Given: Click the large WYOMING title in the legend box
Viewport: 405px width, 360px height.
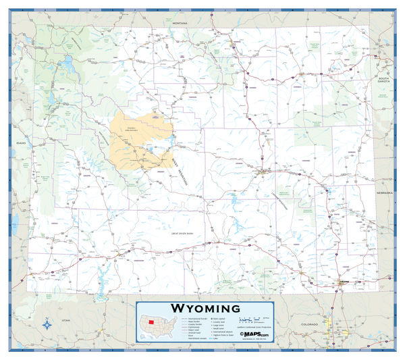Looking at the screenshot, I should (x=202, y=308).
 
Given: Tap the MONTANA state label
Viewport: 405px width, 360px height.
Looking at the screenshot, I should (x=179, y=23).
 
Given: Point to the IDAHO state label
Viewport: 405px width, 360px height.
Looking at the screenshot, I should (x=20, y=144).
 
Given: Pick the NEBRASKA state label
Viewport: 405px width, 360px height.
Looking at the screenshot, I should (x=385, y=192).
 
